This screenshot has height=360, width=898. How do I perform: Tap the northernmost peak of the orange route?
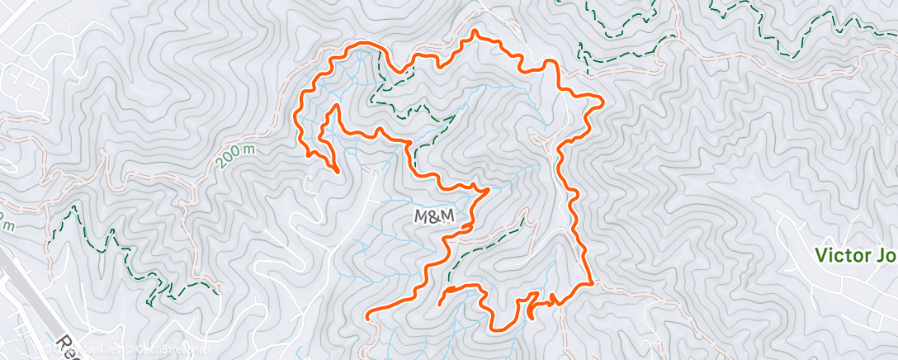[475, 32]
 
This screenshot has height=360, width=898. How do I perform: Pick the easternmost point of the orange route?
[603, 102]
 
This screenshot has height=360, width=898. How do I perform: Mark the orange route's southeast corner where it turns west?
[592, 283]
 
